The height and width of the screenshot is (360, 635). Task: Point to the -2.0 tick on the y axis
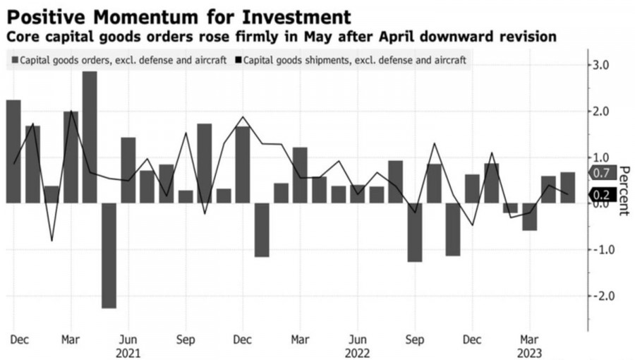click(x=605, y=296)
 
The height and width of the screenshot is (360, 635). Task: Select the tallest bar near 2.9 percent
click(x=90, y=137)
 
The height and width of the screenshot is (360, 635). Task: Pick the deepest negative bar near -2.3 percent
click(x=109, y=256)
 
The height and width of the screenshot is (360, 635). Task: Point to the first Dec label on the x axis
click(x=19, y=340)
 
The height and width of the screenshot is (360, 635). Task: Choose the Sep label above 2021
click(x=186, y=340)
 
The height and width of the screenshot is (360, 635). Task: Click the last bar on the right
click(x=568, y=188)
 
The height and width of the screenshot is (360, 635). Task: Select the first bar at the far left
click(x=13, y=152)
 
